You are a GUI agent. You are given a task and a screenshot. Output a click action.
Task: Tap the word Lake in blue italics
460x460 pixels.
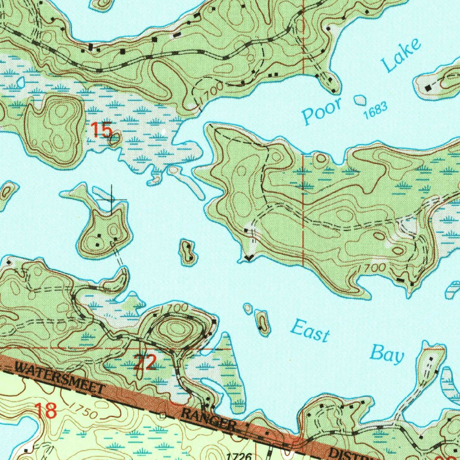(x=402, y=56)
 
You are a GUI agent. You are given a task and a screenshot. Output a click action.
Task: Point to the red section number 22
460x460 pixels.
(x=145, y=362)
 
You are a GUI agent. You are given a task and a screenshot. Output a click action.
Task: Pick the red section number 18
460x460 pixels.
(x=45, y=411)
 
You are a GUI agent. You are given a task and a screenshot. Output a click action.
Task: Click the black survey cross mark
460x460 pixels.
(x=111, y=199)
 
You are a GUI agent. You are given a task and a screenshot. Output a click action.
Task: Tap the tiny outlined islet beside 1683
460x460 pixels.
(x=360, y=100)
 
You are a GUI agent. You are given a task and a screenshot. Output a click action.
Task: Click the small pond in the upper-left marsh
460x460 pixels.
(x=20, y=82)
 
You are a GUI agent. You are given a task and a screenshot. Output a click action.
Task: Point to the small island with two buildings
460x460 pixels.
(x=188, y=252)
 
